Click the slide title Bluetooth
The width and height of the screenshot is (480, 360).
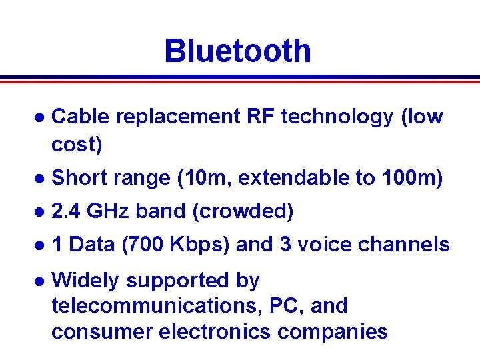coord(237,51)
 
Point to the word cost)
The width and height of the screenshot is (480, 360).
coord(77,145)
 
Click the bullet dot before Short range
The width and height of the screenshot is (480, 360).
coord(39,179)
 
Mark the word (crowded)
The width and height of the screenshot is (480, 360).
coord(243,211)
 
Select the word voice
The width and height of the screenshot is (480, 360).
coord(325,245)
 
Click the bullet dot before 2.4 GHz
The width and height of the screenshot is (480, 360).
coord(39,212)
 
